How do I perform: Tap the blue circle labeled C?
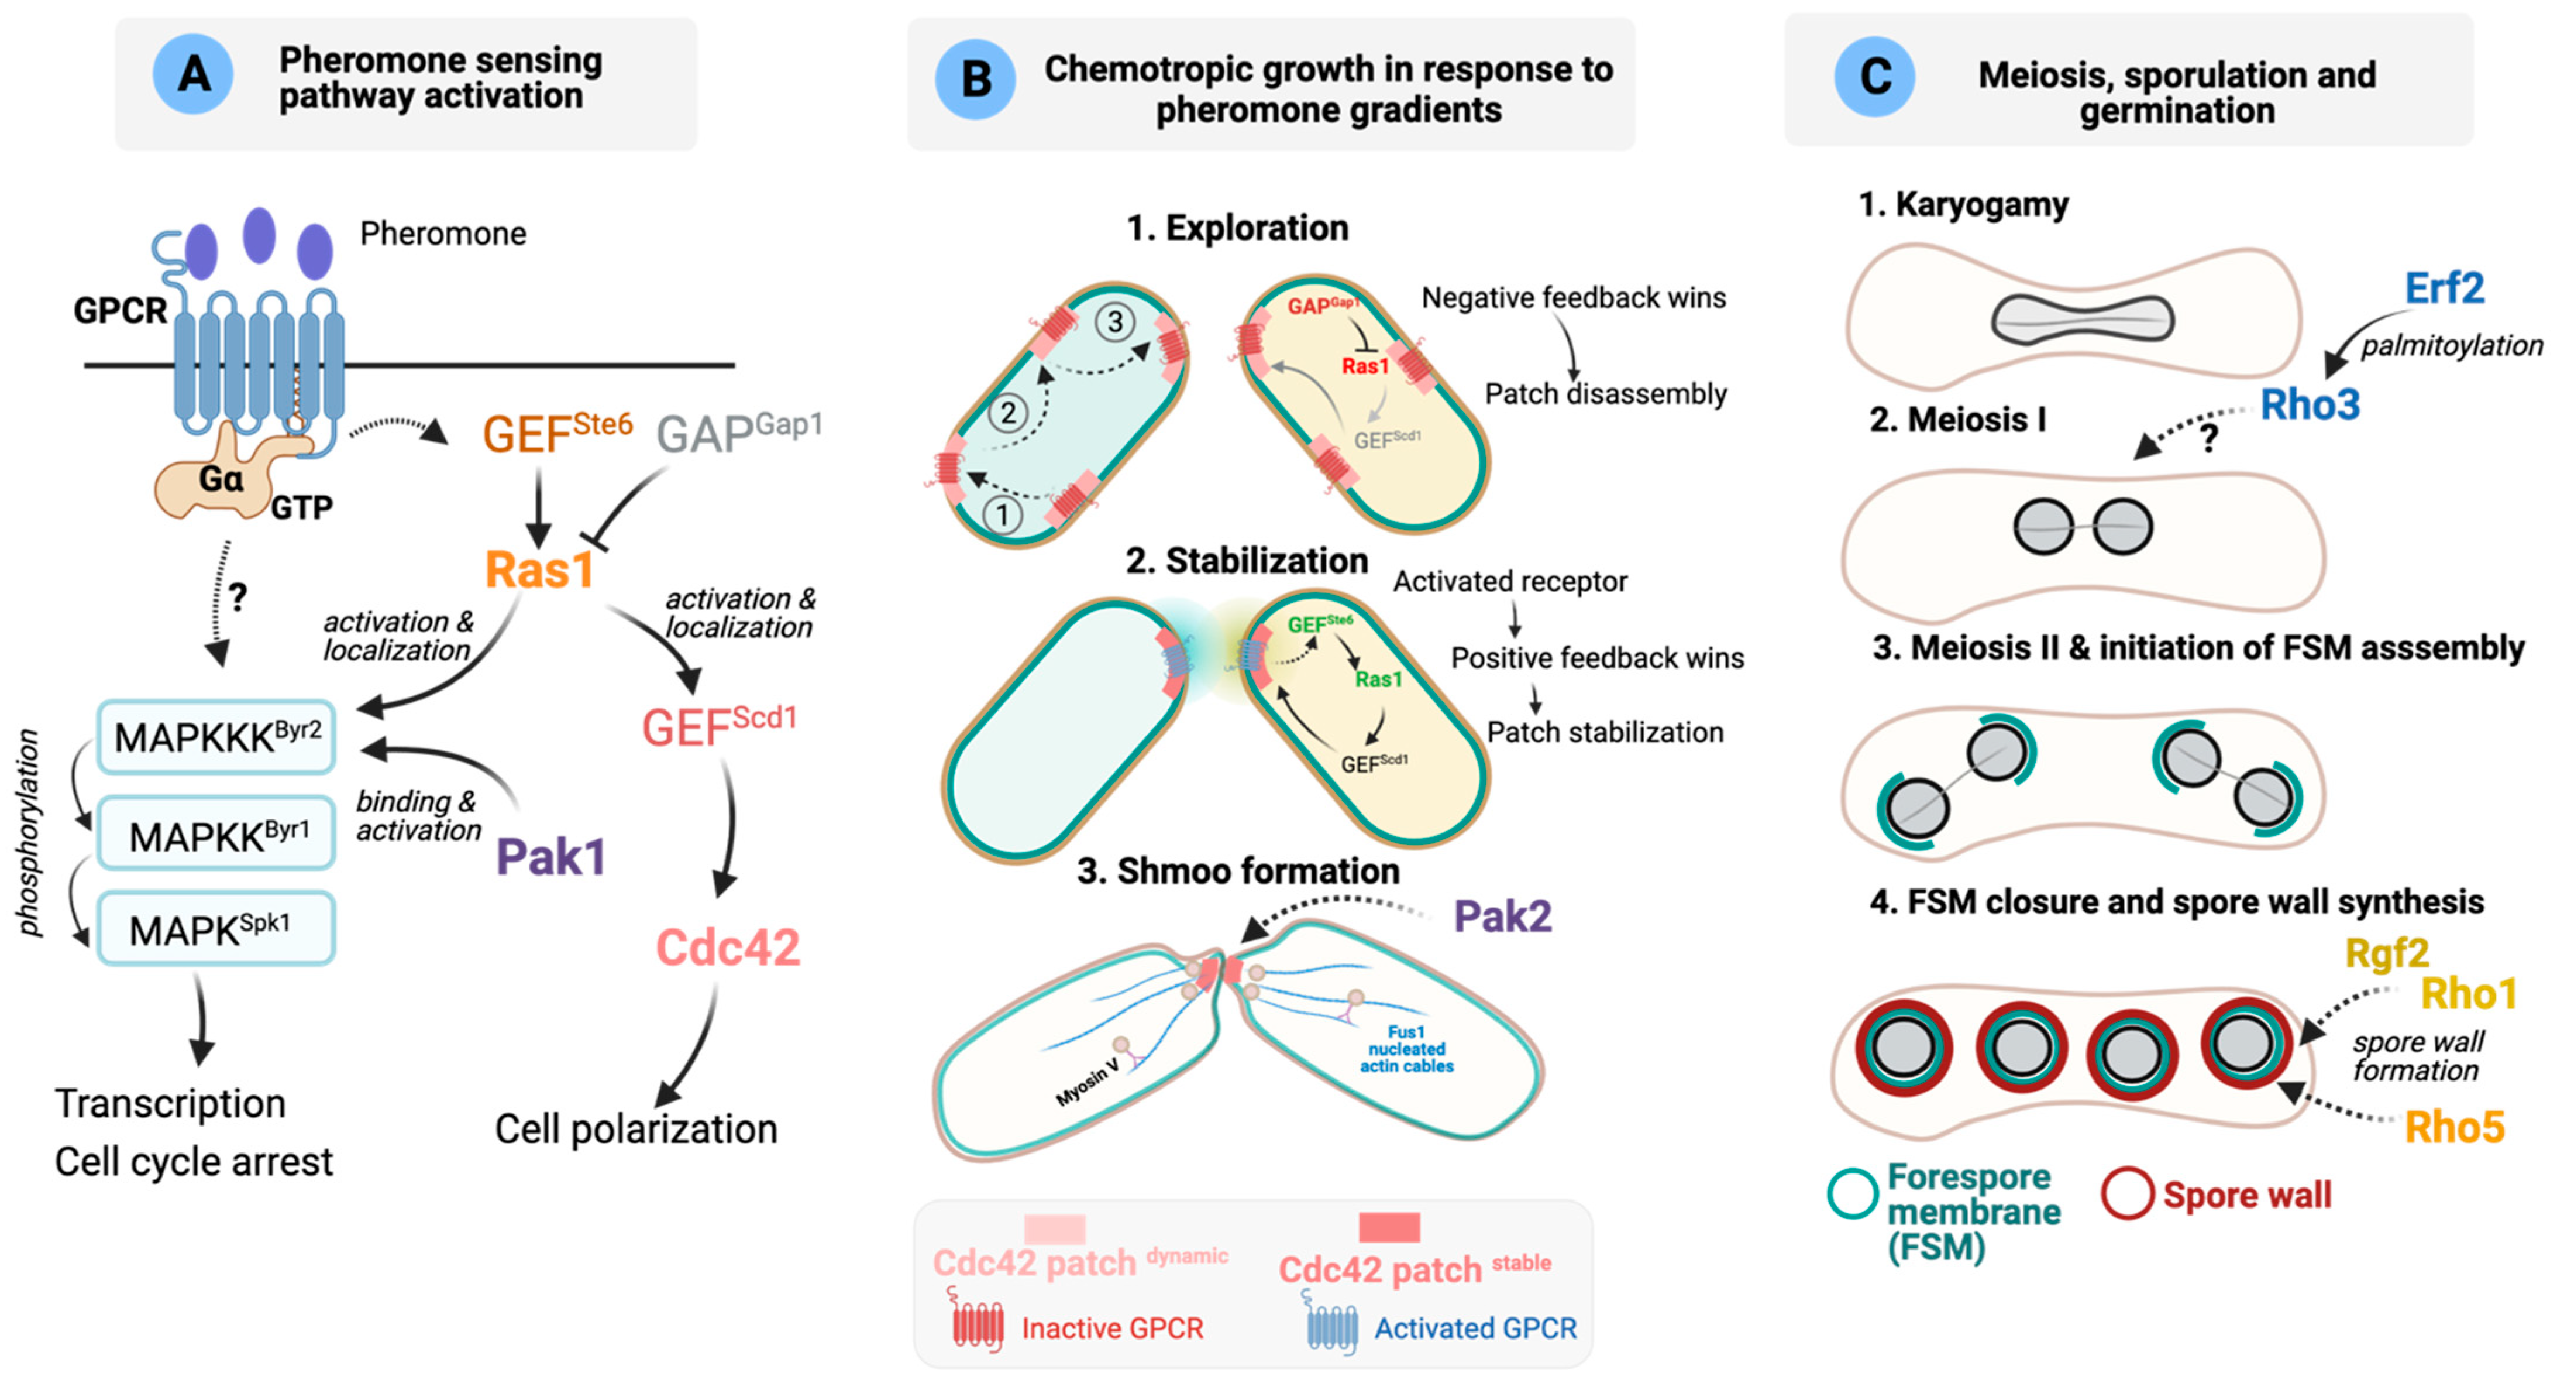pos(1874,77)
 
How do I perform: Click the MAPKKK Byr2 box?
pos(216,737)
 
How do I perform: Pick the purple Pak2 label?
pos(1502,915)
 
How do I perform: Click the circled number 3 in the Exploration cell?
pos(1115,322)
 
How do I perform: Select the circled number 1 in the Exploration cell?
pos(1003,514)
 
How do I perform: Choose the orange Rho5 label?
pos(2454,1127)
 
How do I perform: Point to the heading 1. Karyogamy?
pos(1963,204)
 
